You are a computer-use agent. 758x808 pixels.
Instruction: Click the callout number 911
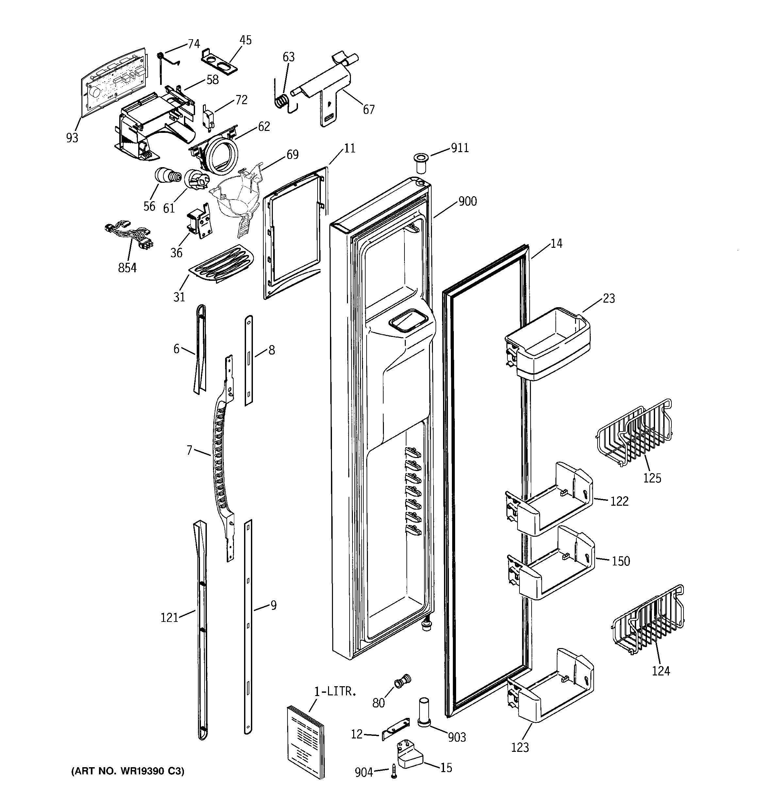[460, 148]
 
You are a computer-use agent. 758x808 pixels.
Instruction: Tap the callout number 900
[468, 201]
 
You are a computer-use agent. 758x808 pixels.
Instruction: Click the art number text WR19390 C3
[128, 771]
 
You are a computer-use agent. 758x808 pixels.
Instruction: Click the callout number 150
[620, 561]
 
